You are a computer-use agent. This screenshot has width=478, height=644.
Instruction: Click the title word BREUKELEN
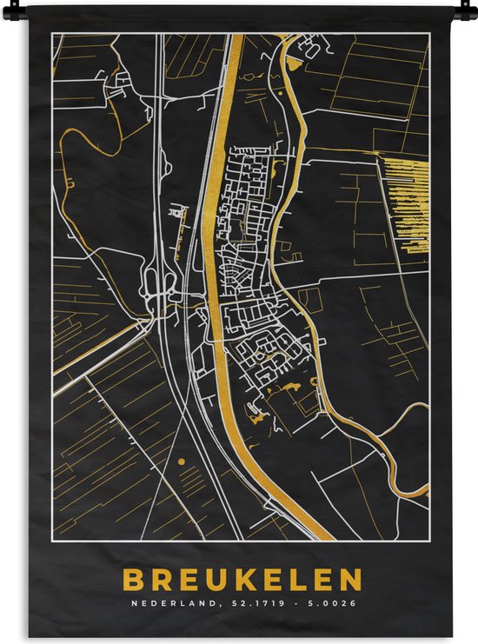pos(242,580)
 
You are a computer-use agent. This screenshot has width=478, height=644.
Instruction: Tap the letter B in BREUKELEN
pos(133,580)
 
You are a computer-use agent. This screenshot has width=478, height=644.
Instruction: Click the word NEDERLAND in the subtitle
pos(166,604)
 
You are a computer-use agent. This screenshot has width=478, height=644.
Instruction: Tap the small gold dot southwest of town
pos(181,462)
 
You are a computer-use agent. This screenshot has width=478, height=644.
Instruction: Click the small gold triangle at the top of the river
pos(291,63)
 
